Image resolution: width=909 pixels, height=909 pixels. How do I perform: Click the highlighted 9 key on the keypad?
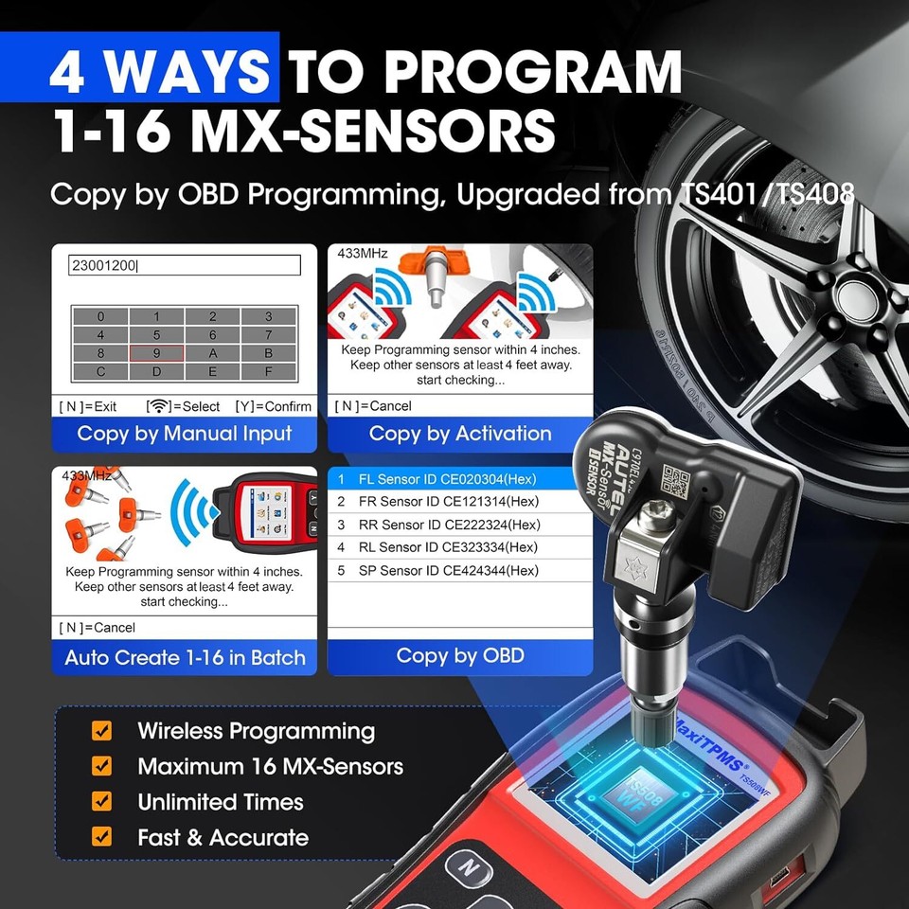point(156,353)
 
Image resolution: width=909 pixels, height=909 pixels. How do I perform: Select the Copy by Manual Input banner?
point(185,434)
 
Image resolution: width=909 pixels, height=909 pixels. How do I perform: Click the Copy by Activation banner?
point(460,434)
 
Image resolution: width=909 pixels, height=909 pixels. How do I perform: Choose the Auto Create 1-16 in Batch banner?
point(185,657)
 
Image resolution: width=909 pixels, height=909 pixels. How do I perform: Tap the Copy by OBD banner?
point(460,655)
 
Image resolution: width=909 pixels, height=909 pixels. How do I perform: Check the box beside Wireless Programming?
point(101,731)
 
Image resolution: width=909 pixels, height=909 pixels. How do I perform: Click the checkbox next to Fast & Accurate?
point(101,837)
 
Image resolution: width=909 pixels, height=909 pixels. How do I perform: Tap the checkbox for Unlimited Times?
point(101,802)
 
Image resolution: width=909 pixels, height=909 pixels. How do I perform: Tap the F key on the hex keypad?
point(268,371)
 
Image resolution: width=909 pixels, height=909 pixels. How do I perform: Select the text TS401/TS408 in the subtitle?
point(767,194)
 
